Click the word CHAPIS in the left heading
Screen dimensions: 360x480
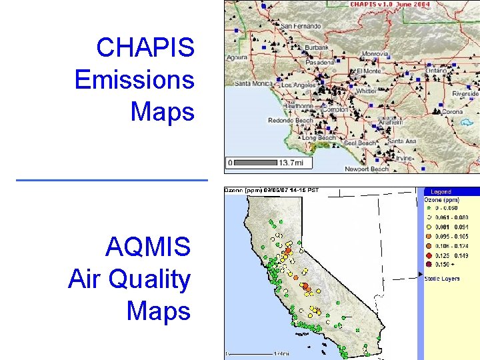coord(145,48)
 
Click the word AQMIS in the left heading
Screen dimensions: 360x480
coord(148,248)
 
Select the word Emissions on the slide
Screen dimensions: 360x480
coord(135,80)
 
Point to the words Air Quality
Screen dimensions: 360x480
coord(129,279)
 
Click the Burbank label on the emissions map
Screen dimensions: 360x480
coord(317,48)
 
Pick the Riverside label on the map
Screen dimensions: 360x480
coord(465,94)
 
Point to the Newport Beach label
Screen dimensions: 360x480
coord(367,169)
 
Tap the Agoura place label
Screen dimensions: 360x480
coord(236,57)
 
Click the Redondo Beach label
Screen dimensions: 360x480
coord(290,121)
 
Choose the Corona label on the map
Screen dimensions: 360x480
coord(452,112)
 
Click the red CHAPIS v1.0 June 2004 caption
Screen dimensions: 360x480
coord(390,5)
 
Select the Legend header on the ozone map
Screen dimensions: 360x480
coord(441,192)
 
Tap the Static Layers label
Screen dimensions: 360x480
coord(442,279)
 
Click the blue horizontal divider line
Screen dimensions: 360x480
coord(111,180)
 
